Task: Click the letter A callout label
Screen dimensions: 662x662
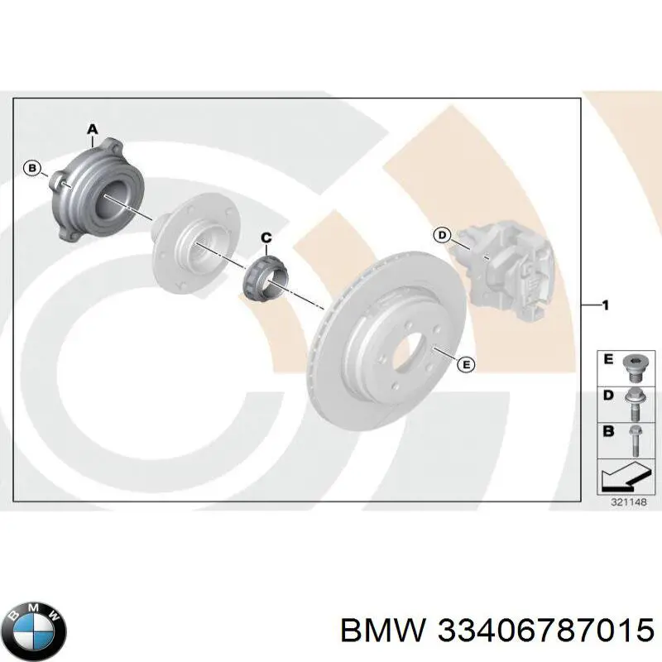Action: [93, 128]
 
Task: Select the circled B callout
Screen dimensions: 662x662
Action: [32, 169]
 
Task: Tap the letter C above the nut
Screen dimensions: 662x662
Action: [266, 238]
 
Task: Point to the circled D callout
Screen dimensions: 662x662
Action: [442, 236]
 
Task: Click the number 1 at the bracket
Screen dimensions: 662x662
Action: [605, 306]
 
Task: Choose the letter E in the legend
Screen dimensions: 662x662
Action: [608, 360]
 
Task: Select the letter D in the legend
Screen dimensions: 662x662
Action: [608, 396]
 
